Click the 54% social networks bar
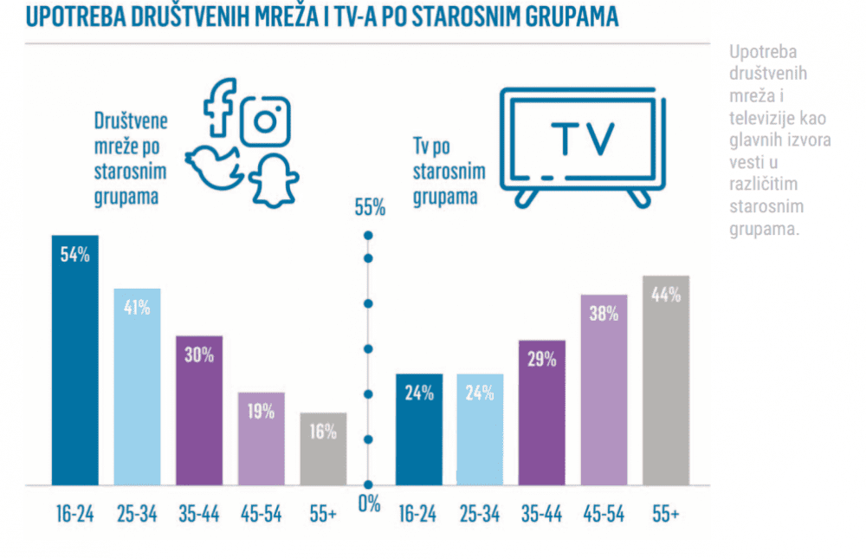(74, 360)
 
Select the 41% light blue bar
(137, 386)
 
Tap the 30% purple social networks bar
(198, 409)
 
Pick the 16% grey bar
(323, 448)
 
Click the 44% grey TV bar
(666, 380)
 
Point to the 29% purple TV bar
(541, 412)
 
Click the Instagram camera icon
(265, 120)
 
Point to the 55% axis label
(369, 207)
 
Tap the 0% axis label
(369, 504)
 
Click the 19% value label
(261, 412)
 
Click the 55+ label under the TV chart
(665, 514)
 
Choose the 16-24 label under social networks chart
(74, 514)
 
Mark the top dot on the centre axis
(368, 236)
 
